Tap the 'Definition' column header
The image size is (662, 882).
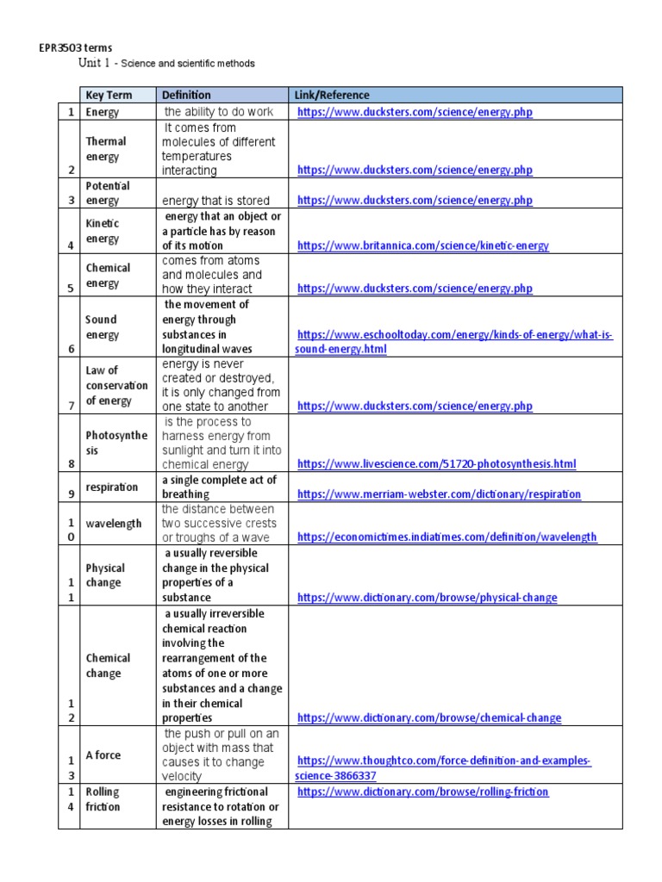click(x=186, y=95)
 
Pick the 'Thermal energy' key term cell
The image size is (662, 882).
click(x=106, y=149)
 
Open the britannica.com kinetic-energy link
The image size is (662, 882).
click(x=422, y=246)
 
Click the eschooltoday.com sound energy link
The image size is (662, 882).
click(x=453, y=342)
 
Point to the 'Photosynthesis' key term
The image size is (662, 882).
click(x=116, y=443)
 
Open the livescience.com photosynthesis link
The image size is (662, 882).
click(x=435, y=464)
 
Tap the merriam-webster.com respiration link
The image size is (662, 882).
click(x=439, y=494)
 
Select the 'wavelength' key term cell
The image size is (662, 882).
click(x=114, y=524)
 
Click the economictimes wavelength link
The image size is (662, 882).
click(x=447, y=537)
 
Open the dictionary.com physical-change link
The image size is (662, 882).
click(x=427, y=598)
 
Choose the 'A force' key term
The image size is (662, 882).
click(x=103, y=755)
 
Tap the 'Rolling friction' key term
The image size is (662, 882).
click(x=103, y=799)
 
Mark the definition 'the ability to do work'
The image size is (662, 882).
click(x=218, y=112)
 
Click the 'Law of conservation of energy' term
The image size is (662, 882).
click(x=116, y=386)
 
